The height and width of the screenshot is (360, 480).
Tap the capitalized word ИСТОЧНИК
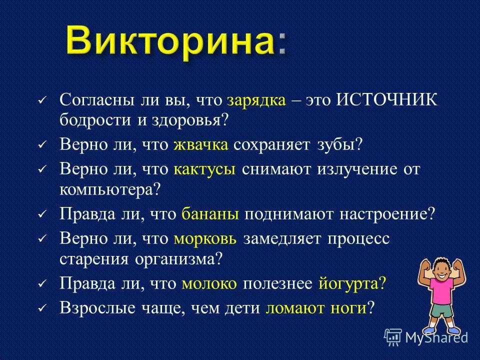click(x=386, y=99)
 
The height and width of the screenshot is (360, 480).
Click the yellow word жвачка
click(x=201, y=144)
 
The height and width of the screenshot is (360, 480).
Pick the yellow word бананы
click(x=210, y=214)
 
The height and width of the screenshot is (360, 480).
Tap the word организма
click(x=174, y=259)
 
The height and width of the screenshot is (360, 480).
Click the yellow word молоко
click(x=209, y=284)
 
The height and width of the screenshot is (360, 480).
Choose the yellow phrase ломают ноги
click(x=316, y=307)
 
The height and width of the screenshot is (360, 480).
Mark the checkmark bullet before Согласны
click(x=41, y=101)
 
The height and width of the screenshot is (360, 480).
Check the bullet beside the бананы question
click(x=41, y=214)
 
